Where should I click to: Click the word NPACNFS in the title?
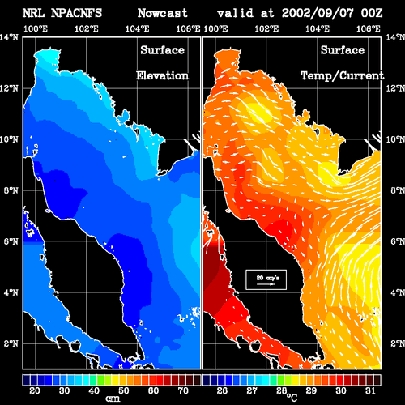pyautogui.click(x=76, y=13)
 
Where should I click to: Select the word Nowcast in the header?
pyautogui.click(x=163, y=13)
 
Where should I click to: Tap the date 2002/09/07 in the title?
pyautogui.click(x=318, y=13)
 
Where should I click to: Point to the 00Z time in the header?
pyautogui.click(x=372, y=13)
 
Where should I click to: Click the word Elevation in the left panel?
pyautogui.click(x=162, y=75)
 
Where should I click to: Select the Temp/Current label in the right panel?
pyautogui.click(x=343, y=76)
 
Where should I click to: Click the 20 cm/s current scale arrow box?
pyautogui.click(x=266, y=279)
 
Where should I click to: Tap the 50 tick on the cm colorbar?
pyautogui.click(x=124, y=390)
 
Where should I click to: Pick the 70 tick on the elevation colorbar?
pyautogui.click(x=183, y=390)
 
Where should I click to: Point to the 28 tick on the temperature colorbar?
pyautogui.click(x=281, y=390)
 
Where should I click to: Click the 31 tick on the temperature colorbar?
pyautogui.click(x=370, y=390)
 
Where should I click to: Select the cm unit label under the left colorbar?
pyautogui.click(x=113, y=399)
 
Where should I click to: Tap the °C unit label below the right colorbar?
pyautogui.click(x=292, y=398)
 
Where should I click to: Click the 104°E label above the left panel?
pyautogui.click(x=137, y=28)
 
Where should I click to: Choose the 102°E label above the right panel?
pyautogui.click(x=266, y=28)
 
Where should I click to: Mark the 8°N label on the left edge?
pyautogui.click(x=11, y=190)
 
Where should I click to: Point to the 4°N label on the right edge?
pyautogui.click(x=398, y=292)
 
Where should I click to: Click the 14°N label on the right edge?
pyautogui.click(x=395, y=37)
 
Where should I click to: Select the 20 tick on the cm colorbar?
pyautogui.click(x=35, y=390)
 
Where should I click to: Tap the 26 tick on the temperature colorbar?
pyautogui.click(x=222, y=390)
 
